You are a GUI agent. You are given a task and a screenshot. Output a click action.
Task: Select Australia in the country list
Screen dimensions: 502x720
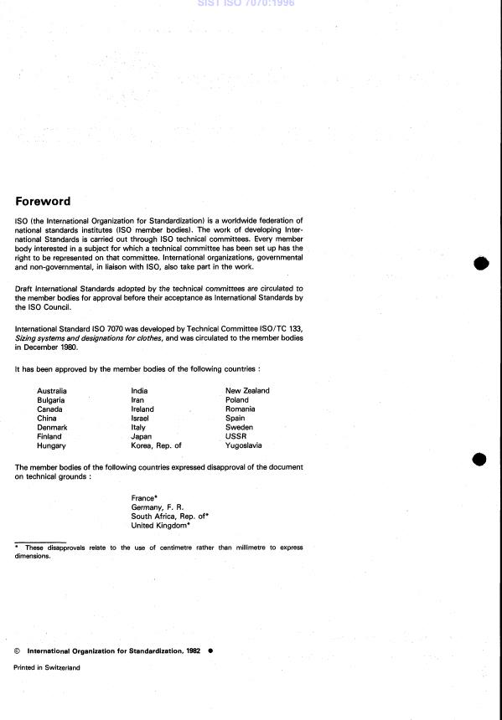tap(52, 391)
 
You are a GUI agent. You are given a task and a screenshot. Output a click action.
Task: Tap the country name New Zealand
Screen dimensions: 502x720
tap(247, 391)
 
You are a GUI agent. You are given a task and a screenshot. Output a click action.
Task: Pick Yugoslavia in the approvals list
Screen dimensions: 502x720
tap(244, 446)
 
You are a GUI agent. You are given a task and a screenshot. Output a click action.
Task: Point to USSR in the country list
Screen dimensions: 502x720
tap(235, 437)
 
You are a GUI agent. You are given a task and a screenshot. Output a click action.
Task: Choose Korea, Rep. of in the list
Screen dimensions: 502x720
tap(156, 446)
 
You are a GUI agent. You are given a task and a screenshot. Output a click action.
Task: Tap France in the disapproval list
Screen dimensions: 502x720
tap(144, 498)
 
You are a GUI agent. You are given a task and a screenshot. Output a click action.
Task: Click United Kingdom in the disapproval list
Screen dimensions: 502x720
tap(160, 526)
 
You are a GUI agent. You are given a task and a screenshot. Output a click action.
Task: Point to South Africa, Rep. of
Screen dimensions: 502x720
tap(168, 517)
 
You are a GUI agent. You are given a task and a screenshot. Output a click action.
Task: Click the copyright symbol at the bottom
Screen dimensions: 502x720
tap(18, 650)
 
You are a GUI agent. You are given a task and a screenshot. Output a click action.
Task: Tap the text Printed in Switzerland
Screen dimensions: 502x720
tap(47, 667)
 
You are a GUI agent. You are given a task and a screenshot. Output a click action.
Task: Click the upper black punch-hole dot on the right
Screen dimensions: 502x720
tap(481, 263)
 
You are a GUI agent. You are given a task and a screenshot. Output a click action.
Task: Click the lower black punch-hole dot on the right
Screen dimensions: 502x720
tap(481, 460)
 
